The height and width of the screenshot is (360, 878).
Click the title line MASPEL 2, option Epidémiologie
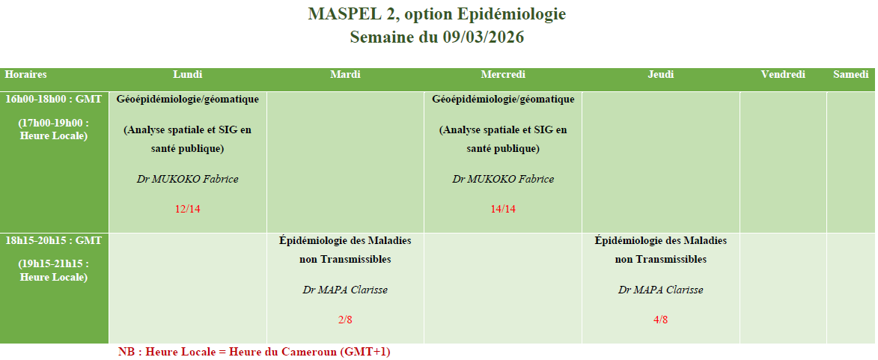coord(437,14)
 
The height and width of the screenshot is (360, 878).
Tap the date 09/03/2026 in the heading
coord(484,37)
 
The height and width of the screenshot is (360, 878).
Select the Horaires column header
coord(25,74)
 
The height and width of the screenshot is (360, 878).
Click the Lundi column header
coord(188,74)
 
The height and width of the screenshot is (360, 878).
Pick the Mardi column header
coord(346,74)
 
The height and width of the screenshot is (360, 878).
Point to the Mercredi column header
coord(503,74)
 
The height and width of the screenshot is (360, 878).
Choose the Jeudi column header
coord(661,74)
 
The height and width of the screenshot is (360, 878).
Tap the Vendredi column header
coord(783,74)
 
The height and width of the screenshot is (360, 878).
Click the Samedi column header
coord(850,74)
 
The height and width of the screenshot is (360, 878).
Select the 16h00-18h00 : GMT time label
coord(54,99)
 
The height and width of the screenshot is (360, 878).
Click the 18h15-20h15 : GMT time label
coord(54,241)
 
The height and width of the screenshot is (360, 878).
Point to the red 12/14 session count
coord(188,210)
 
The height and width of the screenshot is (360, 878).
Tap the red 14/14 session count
coord(503,210)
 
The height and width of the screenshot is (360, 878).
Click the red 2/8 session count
coord(345,320)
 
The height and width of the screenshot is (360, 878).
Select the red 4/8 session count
coord(661,320)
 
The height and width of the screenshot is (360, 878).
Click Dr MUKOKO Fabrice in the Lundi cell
coord(188,179)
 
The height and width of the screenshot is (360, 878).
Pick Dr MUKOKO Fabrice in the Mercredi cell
coord(503,179)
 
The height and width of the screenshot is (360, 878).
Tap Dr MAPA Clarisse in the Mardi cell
coord(345,290)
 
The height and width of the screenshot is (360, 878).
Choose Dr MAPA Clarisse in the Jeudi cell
coord(661,290)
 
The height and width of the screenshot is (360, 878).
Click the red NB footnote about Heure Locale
coord(254,353)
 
